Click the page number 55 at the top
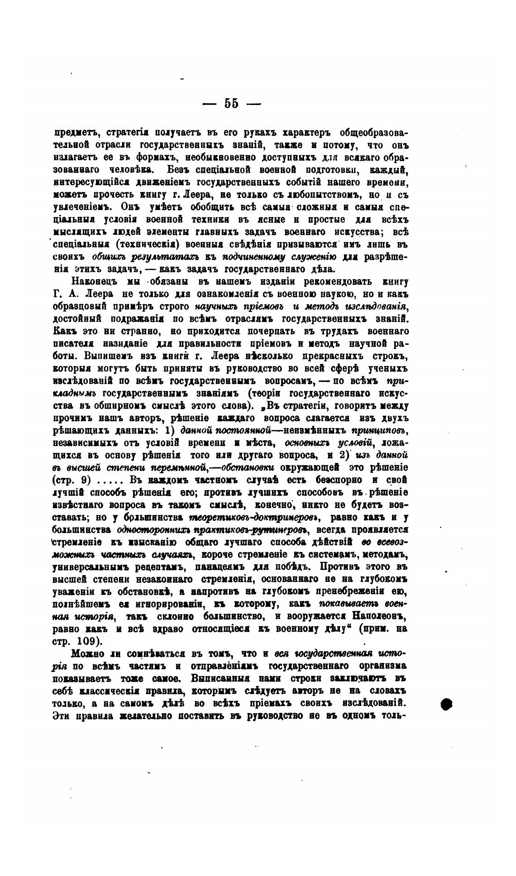pos(231,104)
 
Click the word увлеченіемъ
pos(81,207)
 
